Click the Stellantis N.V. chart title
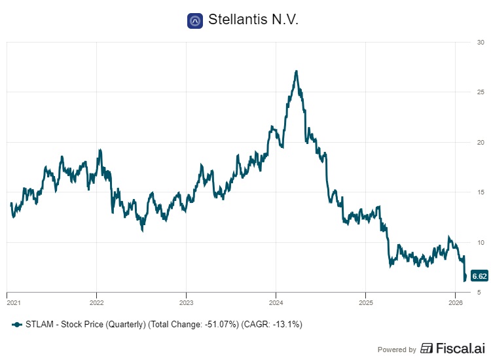253,20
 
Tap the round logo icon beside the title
194,21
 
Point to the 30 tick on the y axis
481,43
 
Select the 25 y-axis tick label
481,92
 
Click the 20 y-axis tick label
481,143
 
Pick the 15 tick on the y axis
481,192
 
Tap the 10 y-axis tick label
481,242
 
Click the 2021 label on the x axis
12,302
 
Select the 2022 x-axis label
96,302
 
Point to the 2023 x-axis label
186,302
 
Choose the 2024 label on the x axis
276,302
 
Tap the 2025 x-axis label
365,302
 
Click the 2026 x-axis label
455,302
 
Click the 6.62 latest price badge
480,276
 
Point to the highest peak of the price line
297,71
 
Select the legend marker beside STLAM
17,324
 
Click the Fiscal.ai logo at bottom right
451,349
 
